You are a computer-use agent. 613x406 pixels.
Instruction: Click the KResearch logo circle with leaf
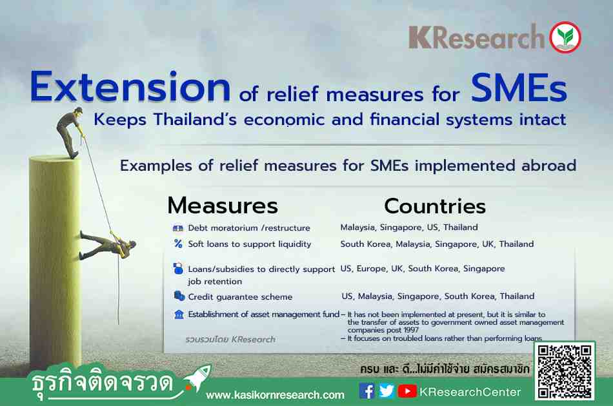(x=565, y=37)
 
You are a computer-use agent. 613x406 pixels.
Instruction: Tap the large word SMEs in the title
(x=519, y=88)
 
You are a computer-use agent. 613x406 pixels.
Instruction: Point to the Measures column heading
(x=223, y=206)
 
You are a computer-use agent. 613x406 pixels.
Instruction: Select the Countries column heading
(x=435, y=206)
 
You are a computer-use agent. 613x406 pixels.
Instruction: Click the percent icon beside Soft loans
(x=178, y=244)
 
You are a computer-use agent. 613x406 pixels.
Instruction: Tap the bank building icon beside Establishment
(x=179, y=314)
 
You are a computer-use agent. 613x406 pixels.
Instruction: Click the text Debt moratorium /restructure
(x=249, y=228)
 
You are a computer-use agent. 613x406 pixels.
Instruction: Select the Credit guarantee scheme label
(x=240, y=297)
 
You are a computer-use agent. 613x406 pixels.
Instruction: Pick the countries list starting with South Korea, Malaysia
(x=437, y=244)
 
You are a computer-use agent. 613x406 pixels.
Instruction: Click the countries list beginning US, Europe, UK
(x=422, y=269)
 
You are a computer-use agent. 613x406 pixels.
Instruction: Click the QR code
(x=565, y=371)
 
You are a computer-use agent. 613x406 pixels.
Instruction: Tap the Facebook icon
(x=367, y=391)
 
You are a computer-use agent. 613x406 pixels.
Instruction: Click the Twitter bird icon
(x=387, y=391)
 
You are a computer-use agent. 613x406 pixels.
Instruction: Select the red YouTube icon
(x=407, y=391)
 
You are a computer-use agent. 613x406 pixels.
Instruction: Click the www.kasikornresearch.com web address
(x=276, y=395)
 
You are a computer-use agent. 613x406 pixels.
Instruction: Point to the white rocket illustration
(x=197, y=378)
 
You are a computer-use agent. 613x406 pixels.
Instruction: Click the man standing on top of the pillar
(x=70, y=133)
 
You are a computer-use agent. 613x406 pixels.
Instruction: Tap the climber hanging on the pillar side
(x=108, y=245)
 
